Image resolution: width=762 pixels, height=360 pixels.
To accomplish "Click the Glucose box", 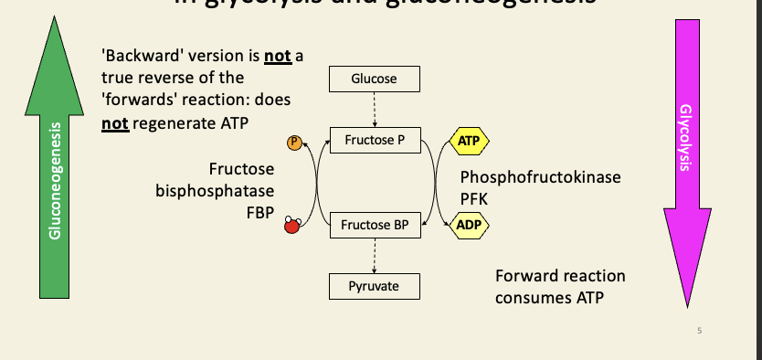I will click(375, 79).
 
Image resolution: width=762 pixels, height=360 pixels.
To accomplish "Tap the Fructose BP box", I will click(375, 224).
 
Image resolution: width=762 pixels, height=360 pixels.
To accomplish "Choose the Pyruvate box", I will click(375, 286).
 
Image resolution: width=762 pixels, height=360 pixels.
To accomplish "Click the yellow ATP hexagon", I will click(469, 142).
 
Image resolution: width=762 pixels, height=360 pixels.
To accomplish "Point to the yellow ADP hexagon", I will click(469, 224).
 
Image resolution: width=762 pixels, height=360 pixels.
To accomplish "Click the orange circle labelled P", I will click(293, 143).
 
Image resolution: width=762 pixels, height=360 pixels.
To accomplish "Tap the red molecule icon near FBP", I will click(292, 225).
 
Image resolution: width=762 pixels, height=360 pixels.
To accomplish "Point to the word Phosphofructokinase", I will click(540, 177).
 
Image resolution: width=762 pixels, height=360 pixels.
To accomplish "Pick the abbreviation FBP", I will click(259, 213).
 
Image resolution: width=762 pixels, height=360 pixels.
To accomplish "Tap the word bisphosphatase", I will click(215, 192).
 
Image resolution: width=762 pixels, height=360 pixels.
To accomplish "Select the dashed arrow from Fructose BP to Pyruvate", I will click(375, 255).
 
